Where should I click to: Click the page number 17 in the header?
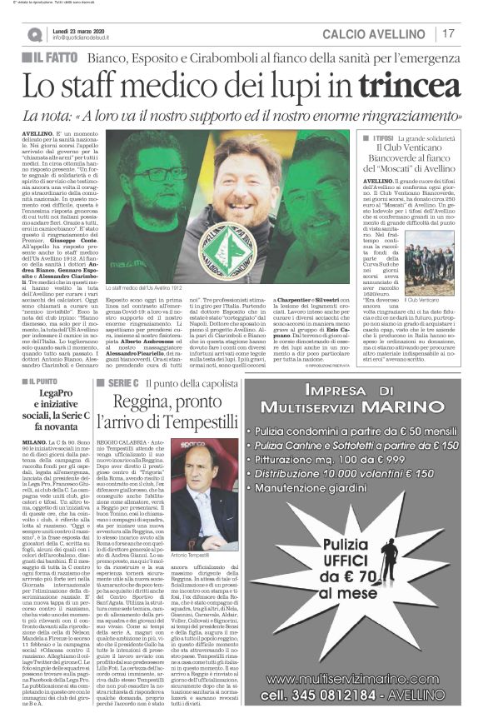pyautogui.click(x=449, y=34)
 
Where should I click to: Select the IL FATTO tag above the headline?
pyautogui.click(x=54, y=57)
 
